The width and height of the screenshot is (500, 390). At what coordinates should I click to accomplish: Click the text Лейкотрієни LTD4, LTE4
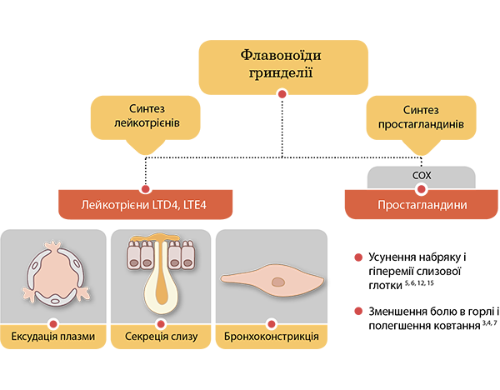pos(143,204)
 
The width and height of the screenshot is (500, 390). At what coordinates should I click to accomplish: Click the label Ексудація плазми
pos(52,337)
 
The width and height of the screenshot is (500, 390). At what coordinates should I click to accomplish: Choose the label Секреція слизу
pos(161,337)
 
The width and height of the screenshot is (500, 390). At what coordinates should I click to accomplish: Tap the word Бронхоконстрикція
pos(271,337)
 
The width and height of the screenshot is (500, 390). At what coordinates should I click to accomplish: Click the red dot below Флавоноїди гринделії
pos(282,97)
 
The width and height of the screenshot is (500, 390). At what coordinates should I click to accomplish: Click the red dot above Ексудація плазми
pos(52,323)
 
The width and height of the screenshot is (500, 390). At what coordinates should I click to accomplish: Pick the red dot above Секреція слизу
pos(161,323)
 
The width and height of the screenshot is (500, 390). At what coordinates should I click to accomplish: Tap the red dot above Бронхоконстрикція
pos(271,323)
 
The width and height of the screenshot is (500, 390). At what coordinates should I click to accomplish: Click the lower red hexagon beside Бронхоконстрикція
pos(355,308)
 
